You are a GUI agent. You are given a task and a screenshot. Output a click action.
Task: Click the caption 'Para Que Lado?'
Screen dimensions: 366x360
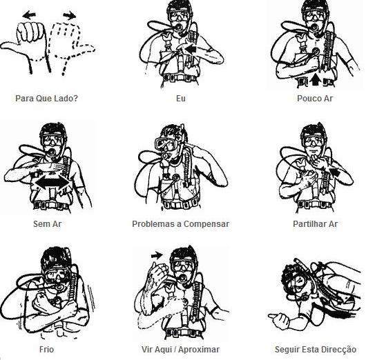[x=46, y=98]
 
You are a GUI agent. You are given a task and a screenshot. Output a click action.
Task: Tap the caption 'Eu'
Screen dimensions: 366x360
[x=181, y=98]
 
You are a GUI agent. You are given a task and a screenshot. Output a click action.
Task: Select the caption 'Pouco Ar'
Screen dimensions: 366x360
[x=315, y=98]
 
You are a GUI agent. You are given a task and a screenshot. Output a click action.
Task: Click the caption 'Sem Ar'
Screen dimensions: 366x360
[x=48, y=224]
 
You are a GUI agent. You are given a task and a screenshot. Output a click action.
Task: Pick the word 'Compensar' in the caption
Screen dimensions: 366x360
[x=206, y=224]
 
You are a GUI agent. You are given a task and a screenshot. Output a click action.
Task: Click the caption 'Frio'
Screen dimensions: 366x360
[x=47, y=349]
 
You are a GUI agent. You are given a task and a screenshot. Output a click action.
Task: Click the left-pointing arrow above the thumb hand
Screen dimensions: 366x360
[x=29, y=15]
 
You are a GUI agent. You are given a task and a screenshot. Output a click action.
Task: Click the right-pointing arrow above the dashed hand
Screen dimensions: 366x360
[x=69, y=15]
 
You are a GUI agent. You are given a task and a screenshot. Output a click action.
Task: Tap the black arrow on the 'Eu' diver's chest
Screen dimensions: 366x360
[x=191, y=49]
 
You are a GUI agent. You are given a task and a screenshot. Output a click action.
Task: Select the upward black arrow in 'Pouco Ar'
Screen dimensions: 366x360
[x=316, y=79]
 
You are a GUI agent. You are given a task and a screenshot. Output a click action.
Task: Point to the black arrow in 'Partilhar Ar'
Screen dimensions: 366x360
[x=334, y=172]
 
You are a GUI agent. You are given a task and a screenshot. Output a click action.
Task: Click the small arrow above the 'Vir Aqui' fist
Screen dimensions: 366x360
[x=157, y=255]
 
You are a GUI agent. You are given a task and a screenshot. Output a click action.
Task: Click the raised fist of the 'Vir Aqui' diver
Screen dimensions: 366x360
[x=159, y=272]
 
